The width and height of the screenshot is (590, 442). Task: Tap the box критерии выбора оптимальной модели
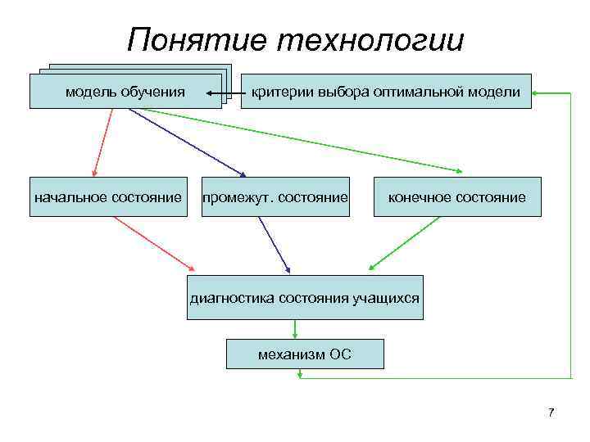pyautogui.click(x=385, y=92)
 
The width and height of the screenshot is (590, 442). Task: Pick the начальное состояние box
pyautogui.click(x=107, y=197)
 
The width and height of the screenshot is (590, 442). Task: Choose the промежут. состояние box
pyautogui.click(x=275, y=197)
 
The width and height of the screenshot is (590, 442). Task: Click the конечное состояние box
pyautogui.click(x=457, y=197)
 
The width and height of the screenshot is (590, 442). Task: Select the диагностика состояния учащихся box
pyautogui.click(x=305, y=297)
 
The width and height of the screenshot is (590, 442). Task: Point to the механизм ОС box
pyautogui.click(x=304, y=354)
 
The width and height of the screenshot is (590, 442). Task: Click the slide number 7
pyautogui.click(x=551, y=412)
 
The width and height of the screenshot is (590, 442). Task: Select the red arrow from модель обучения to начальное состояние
pyautogui.click(x=104, y=142)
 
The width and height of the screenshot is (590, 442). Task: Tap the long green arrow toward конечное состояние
pyautogui.click(x=295, y=140)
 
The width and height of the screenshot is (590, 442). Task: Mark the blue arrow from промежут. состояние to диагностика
pyautogui.click(x=274, y=244)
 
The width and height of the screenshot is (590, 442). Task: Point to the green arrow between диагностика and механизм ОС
pyautogui.click(x=297, y=328)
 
